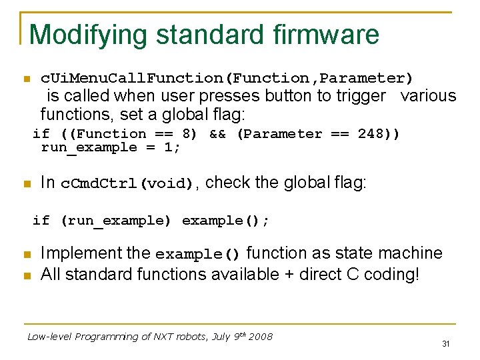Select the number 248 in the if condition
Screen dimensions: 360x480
click(370, 133)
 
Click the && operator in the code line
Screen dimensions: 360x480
click(217, 133)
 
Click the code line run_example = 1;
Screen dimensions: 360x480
click(111, 147)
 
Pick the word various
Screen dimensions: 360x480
click(428, 96)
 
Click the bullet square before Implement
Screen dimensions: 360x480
click(27, 255)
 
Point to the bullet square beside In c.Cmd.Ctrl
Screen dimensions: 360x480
click(27, 184)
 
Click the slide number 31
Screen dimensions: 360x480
click(445, 344)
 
